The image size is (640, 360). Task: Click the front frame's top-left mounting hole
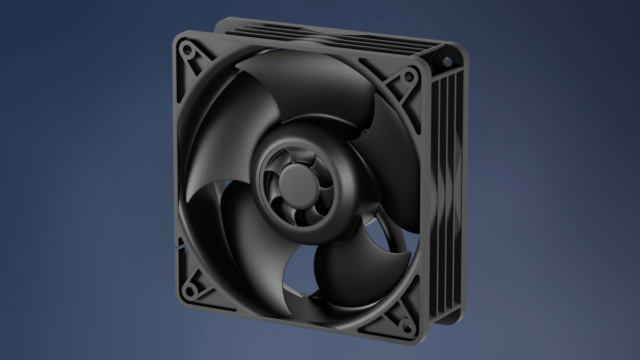(x=188, y=52)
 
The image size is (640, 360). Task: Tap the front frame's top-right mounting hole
(x=409, y=76)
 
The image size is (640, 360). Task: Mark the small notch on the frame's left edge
(x=180, y=247)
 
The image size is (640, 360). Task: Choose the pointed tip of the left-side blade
(x=188, y=201)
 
